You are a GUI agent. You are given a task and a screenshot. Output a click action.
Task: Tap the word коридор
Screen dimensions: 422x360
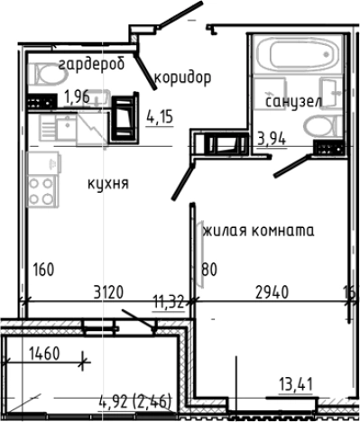click(x=182, y=78)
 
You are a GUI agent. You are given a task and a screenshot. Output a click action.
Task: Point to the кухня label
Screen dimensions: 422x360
click(x=108, y=183)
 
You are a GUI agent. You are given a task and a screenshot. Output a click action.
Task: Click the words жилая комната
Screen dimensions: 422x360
click(x=258, y=230)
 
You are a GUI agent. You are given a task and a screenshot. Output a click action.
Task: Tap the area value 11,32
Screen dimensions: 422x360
click(x=169, y=302)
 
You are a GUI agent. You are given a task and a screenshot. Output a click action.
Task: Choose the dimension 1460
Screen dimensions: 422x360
click(x=43, y=353)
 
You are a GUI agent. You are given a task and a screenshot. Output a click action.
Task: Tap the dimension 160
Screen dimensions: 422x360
click(x=44, y=268)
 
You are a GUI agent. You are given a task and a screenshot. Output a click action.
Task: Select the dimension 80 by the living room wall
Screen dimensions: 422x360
click(x=210, y=268)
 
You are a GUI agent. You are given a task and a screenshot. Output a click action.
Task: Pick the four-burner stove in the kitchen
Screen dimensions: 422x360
click(x=42, y=190)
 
